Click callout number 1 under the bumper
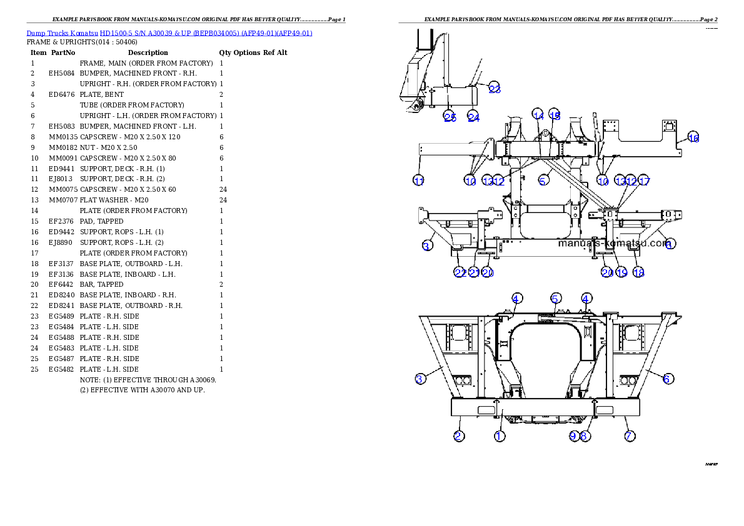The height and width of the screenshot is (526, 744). [x=499, y=436]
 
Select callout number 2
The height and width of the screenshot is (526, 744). [x=459, y=436]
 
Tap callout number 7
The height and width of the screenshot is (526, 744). [x=630, y=436]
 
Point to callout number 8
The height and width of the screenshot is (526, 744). [x=584, y=436]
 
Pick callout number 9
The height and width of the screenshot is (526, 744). [x=574, y=436]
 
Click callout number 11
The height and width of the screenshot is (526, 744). [x=419, y=181]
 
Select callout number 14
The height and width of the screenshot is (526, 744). [x=538, y=114]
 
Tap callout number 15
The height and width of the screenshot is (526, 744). [x=555, y=114]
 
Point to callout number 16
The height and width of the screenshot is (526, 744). [x=693, y=138]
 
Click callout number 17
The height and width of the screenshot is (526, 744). [x=644, y=181]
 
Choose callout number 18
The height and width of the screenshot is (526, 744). [x=638, y=272]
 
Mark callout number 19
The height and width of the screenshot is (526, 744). [x=621, y=272]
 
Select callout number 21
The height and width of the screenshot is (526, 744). [x=474, y=272]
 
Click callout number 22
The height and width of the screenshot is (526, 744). [x=460, y=272]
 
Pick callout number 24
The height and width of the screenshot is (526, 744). [x=473, y=117]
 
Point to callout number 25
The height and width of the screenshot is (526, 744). [x=450, y=117]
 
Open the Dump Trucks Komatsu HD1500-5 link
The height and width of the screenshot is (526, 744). [x=169, y=33]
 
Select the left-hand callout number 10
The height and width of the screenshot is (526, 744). [x=470, y=181]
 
